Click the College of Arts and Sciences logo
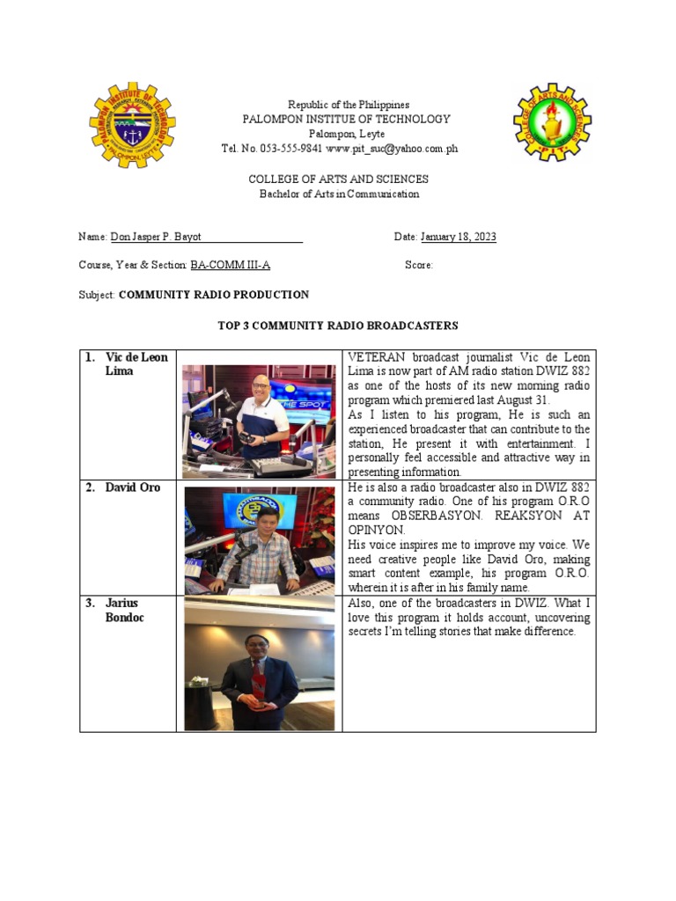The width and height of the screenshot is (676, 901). (x=552, y=122)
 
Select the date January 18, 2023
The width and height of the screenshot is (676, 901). (x=458, y=238)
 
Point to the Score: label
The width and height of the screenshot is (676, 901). (x=419, y=265)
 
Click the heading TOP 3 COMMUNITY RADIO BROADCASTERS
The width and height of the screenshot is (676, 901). (x=338, y=326)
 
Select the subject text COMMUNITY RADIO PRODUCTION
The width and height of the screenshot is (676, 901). (x=214, y=295)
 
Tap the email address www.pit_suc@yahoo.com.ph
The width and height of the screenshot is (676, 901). (x=392, y=149)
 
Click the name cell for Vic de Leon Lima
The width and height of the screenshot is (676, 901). (x=133, y=364)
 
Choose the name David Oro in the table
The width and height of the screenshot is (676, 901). (x=132, y=487)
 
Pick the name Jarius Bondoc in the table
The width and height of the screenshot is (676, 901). (x=128, y=610)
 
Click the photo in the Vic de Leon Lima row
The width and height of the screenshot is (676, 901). (x=259, y=421)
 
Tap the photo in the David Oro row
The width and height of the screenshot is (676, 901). (x=259, y=540)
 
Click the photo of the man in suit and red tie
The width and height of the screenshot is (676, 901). (x=259, y=663)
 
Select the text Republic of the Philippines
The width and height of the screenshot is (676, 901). (x=338, y=105)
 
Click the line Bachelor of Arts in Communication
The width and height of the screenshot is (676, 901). (x=338, y=194)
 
